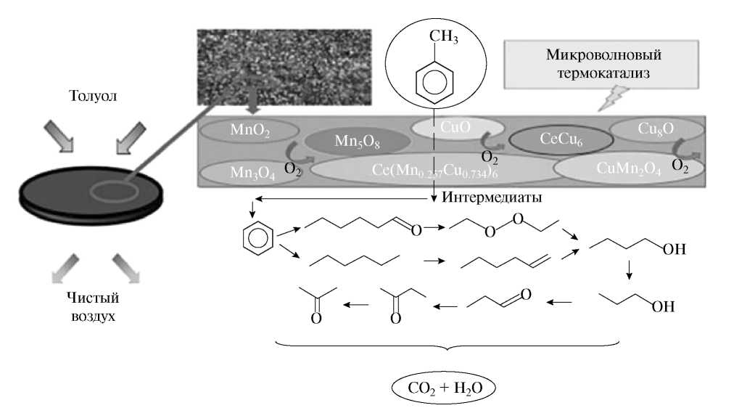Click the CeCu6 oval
coord(557,138)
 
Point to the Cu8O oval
coord(656,130)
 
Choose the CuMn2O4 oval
coord(628,169)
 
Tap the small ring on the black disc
coord(115,192)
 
